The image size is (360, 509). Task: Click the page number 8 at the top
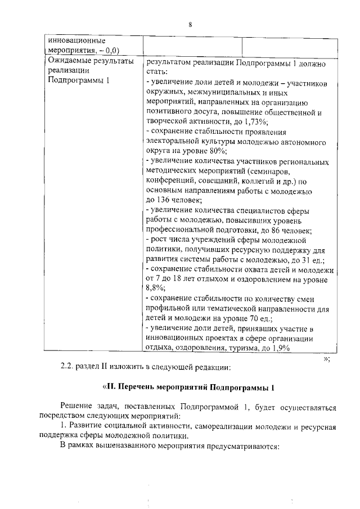click(x=190, y=24)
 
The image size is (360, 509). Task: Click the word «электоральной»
click(x=173, y=142)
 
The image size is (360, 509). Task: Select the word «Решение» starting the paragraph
click(x=77, y=407)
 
